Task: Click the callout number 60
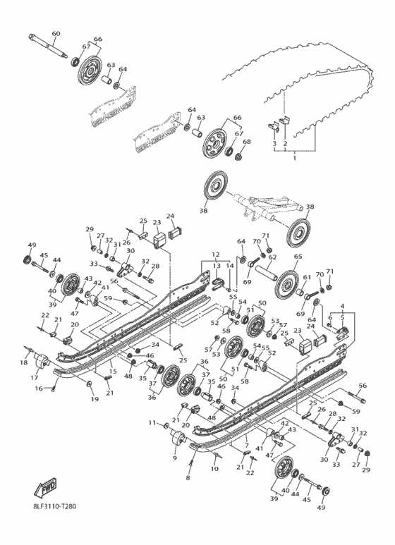56,34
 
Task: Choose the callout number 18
25,362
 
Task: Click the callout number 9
174,458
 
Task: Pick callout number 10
213,467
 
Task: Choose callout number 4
344,307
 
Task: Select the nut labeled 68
246,152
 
